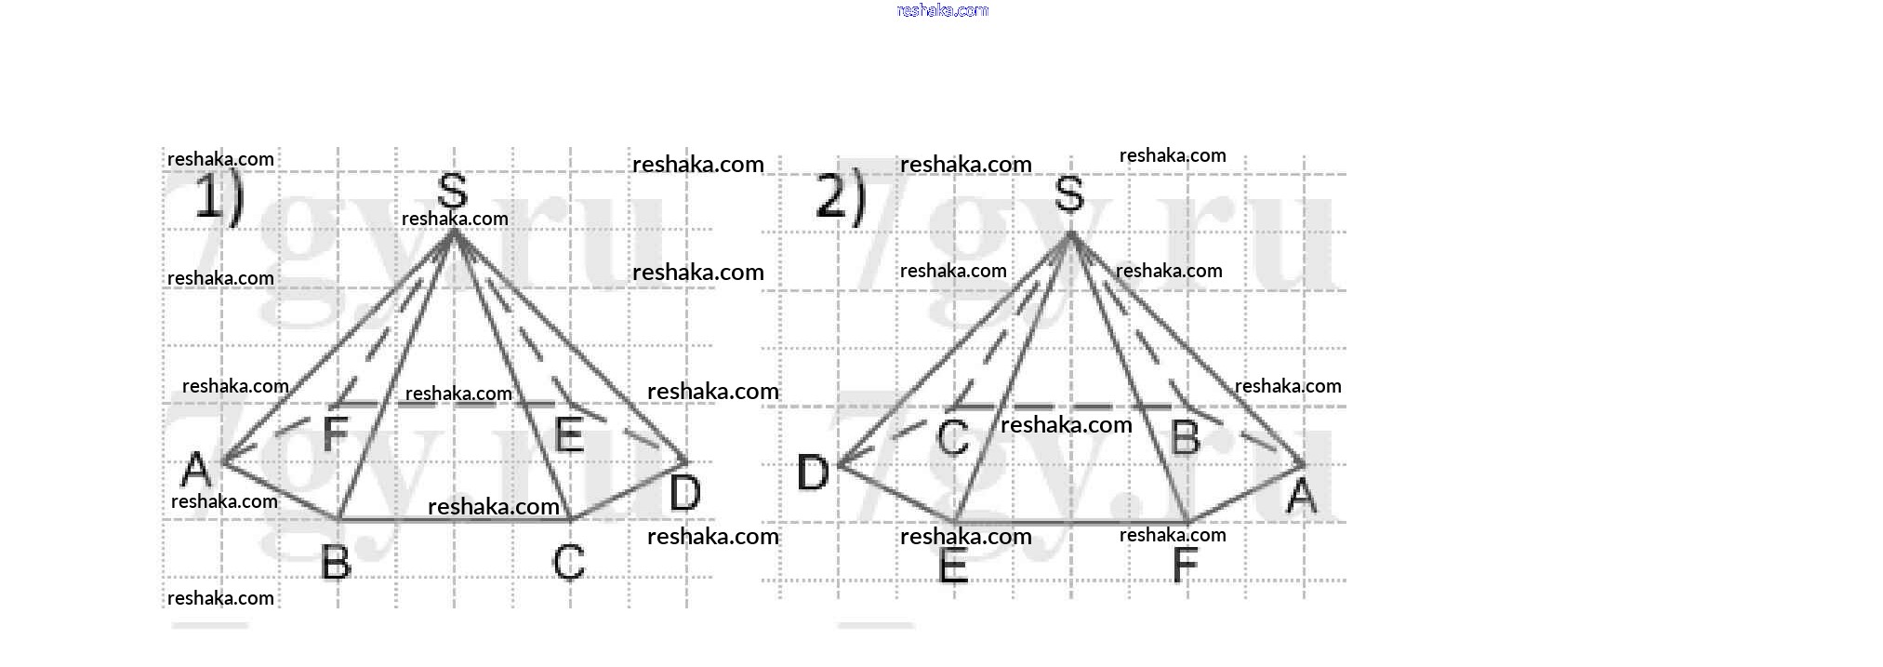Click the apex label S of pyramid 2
(x=1069, y=194)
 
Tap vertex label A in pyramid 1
(x=196, y=469)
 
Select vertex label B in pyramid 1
(x=336, y=562)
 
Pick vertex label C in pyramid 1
(x=568, y=562)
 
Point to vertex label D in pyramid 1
(x=685, y=492)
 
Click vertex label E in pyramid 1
(x=569, y=434)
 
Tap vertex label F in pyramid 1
(x=335, y=434)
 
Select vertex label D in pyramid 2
(x=813, y=473)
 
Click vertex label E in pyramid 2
(x=953, y=565)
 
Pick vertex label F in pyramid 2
(x=1185, y=564)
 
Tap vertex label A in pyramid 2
(x=1302, y=496)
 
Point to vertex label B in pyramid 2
(x=1186, y=437)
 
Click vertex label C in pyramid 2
(x=953, y=437)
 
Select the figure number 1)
(x=219, y=198)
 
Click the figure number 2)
(x=841, y=198)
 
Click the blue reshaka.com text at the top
(x=942, y=10)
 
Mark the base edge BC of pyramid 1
(x=454, y=519)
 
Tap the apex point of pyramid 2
(x=1071, y=233)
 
